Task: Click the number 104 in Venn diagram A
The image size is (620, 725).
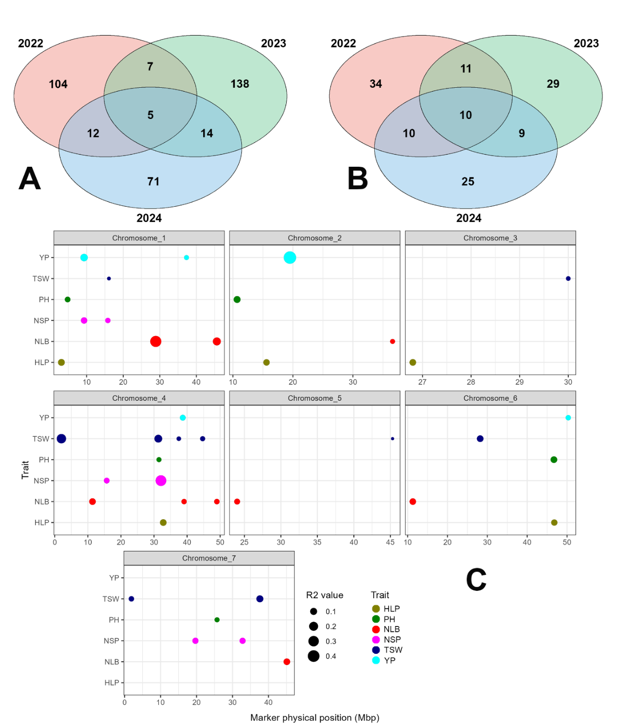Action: (58, 84)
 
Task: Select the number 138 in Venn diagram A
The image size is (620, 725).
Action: (240, 84)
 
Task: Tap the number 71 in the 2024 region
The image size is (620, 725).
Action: (154, 181)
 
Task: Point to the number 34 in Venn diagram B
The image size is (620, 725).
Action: (376, 84)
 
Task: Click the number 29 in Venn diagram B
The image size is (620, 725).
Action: (553, 84)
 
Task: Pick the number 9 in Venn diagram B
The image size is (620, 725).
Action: (522, 134)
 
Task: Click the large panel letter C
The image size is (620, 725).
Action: (476, 580)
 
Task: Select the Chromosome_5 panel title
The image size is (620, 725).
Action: (314, 398)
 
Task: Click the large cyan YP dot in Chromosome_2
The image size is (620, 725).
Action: (290, 257)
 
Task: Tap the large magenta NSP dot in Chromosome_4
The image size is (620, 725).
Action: (161, 481)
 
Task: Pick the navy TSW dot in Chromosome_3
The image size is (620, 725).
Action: (568, 278)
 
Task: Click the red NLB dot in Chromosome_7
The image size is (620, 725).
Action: (287, 662)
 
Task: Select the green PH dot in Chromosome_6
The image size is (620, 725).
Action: (554, 460)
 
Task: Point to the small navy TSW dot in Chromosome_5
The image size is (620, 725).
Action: (392, 439)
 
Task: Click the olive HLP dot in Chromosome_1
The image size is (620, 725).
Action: (61, 362)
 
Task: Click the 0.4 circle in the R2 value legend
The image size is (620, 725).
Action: (313, 656)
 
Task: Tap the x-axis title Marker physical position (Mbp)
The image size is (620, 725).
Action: (314, 718)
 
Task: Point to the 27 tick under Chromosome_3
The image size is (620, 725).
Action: (422, 382)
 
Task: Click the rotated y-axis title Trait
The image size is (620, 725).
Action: (25, 470)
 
